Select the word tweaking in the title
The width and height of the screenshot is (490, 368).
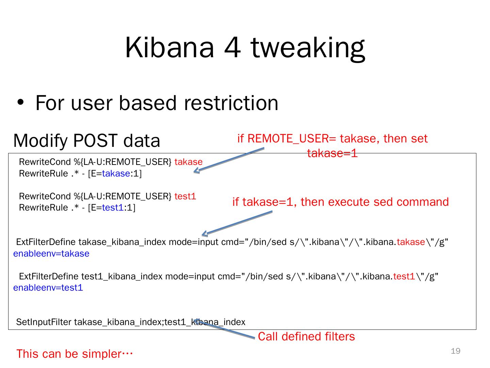(x=308, y=48)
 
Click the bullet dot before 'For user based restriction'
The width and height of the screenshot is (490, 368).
(x=21, y=103)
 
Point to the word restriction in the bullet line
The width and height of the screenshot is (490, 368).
(x=231, y=103)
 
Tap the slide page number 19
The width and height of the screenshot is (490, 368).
(x=456, y=351)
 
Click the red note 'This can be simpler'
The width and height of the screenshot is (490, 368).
(x=74, y=354)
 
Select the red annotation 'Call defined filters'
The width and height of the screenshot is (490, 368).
(x=306, y=336)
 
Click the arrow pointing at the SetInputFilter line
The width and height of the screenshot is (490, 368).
(x=225, y=329)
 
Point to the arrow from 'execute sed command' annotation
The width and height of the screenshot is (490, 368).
(x=238, y=223)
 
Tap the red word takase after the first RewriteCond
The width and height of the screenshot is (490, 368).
(x=188, y=162)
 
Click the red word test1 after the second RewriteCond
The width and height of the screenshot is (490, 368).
(x=185, y=196)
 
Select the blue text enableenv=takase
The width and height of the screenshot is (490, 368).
(x=51, y=254)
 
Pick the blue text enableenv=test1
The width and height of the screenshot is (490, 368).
(x=48, y=288)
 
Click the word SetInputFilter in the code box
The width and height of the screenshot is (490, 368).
(x=44, y=322)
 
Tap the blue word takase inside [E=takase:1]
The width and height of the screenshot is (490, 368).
(x=116, y=173)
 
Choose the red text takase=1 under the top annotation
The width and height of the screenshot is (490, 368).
(x=332, y=153)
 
